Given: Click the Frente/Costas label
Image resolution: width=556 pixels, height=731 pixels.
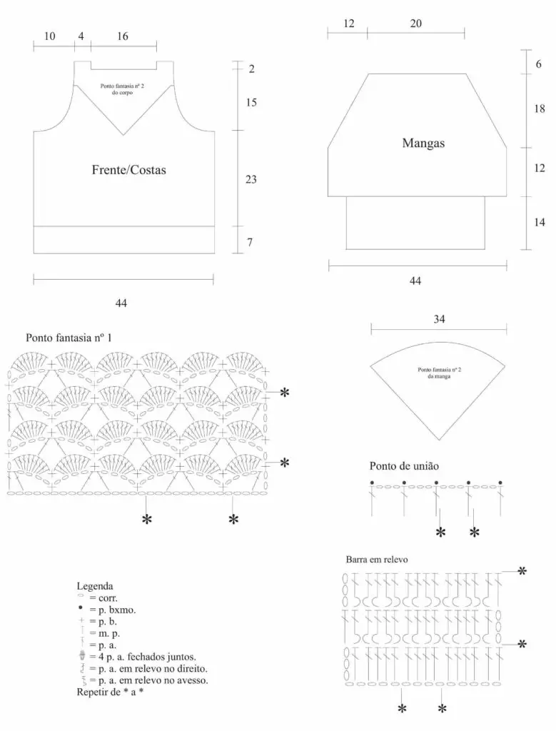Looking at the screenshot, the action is [x=128, y=170].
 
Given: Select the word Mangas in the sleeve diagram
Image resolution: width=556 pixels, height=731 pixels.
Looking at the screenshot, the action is [x=423, y=143].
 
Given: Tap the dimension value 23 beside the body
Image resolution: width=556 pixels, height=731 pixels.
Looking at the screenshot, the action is [x=251, y=179].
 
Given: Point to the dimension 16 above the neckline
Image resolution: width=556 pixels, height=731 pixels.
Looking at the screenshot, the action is [x=123, y=36].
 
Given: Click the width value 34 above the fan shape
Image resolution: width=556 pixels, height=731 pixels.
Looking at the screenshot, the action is [x=439, y=319].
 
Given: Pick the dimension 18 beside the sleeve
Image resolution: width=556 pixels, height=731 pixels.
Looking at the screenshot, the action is [x=539, y=109].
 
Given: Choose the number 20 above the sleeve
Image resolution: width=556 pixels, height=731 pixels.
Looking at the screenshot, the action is [x=415, y=24].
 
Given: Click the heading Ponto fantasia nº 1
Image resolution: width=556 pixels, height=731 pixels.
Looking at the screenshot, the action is [x=69, y=338].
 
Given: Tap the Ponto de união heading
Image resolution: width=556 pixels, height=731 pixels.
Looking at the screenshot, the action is [x=404, y=465].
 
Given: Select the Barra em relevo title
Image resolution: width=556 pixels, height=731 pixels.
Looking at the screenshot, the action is [x=377, y=560].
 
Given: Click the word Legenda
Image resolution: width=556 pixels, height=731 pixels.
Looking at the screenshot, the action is [x=95, y=586].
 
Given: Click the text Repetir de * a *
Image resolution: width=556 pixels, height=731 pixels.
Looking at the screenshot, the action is [x=109, y=692].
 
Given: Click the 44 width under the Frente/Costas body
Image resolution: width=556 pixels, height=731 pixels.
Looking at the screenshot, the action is [x=121, y=303].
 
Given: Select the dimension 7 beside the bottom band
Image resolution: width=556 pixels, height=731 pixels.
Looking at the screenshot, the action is [x=250, y=242].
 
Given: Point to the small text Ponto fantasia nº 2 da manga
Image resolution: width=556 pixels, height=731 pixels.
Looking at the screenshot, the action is [x=440, y=373].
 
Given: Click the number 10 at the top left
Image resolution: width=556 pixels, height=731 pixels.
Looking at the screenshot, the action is [x=49, y=36].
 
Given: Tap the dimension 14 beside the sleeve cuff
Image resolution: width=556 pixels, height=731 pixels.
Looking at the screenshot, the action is [x=539, y=223].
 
